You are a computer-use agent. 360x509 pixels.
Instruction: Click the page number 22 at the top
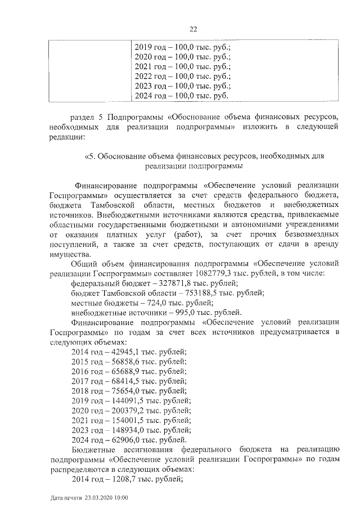click(x=193, y=29)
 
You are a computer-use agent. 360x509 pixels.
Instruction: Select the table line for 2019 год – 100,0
click(x=183, y=47)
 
